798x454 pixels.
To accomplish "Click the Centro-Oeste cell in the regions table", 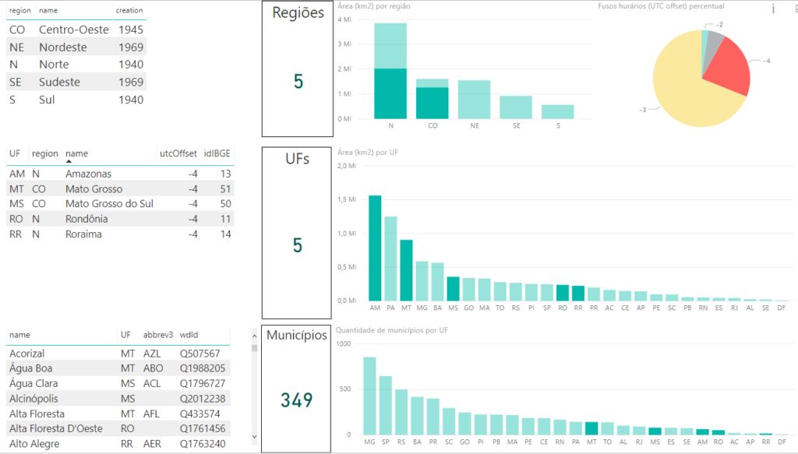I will coord(73,30).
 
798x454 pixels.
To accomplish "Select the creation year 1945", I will coord(131,30).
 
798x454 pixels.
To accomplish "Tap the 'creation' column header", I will coord(129,10).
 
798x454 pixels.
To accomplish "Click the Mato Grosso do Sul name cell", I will coord(109,204).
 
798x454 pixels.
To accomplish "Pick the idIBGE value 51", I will coord(225,189).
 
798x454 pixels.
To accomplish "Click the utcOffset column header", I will coord(178,153).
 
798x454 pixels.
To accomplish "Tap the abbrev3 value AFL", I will coord(152,414).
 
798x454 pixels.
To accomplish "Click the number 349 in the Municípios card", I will coord(296,400).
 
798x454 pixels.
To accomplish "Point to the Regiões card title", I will coord(296,13).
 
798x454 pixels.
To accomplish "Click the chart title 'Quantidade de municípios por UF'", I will coord(391,330).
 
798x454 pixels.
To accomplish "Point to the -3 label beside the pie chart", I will coord(643,110).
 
